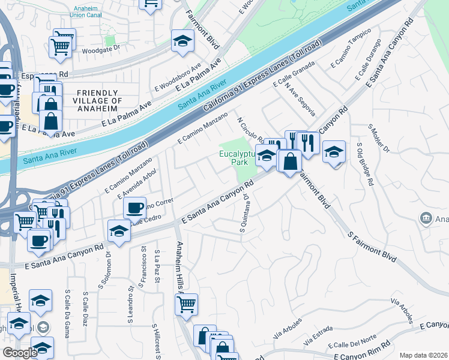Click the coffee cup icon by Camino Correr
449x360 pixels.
(135, 208)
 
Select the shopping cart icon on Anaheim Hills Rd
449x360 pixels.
(186, 304)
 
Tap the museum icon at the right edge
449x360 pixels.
(426, 218)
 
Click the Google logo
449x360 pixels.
(19, 353)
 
